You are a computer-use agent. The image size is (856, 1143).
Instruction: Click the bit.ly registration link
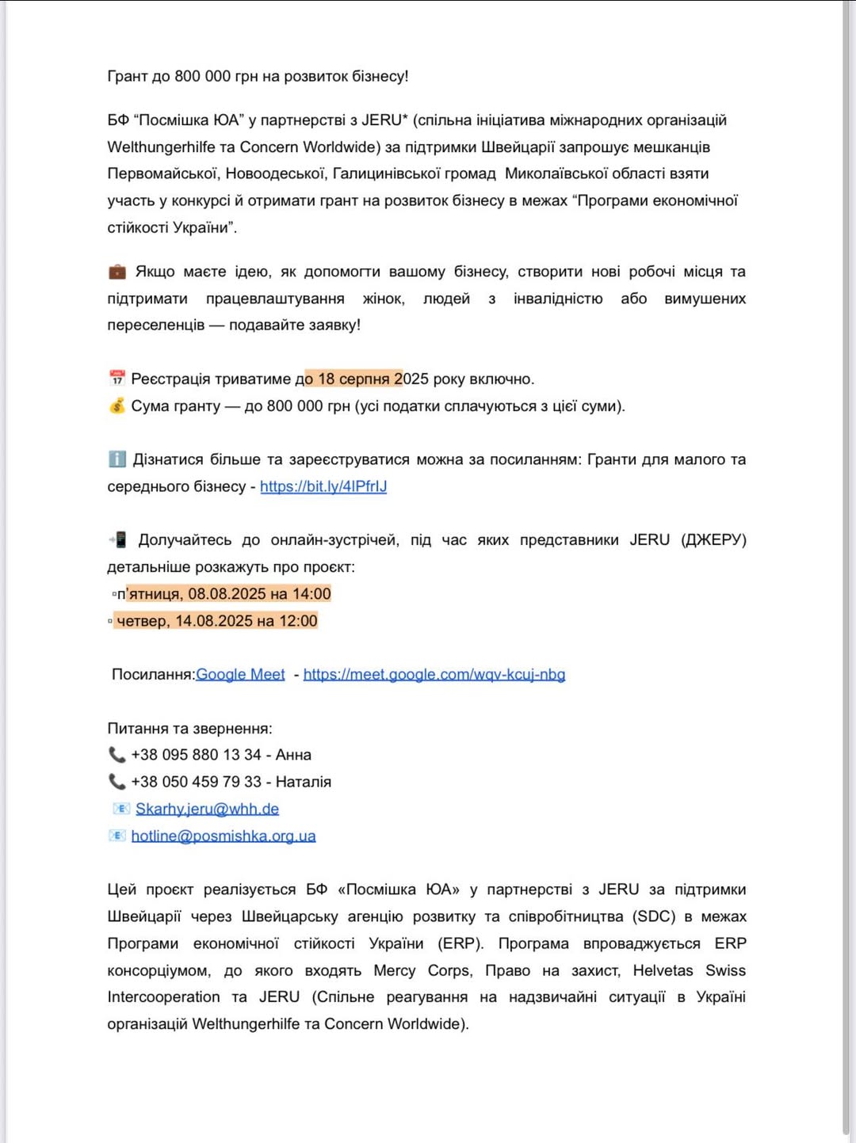click(x=323, y=486)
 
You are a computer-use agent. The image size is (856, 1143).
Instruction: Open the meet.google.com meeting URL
click(x=434, y=674)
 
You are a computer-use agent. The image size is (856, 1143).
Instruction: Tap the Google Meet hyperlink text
click(x=240, y=674)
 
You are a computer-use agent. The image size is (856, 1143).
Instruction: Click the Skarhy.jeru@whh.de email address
click(x=207, y=809)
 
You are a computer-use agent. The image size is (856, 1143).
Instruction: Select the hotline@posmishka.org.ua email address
click(x=224, y=836)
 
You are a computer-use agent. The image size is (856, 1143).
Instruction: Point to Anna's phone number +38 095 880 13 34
click(x=196, y=755)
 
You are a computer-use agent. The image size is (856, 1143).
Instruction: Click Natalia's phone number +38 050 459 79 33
click(x=196, y=782)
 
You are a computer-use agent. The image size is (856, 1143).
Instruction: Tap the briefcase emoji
click(x=117, y=272)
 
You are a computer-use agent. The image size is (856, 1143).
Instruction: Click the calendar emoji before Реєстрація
click(x=117, y=379)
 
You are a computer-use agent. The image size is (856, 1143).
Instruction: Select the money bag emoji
click(x=117, y=406)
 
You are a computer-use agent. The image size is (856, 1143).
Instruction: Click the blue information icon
click(x=117, y=459)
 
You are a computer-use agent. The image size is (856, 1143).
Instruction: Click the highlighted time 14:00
click(x=311, y=594)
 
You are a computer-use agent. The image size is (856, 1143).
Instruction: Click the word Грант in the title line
click(x=127, y=76)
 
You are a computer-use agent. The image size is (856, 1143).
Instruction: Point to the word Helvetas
click(x=663, y=970)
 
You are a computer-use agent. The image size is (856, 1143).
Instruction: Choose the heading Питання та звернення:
click(x=189, y=728)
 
